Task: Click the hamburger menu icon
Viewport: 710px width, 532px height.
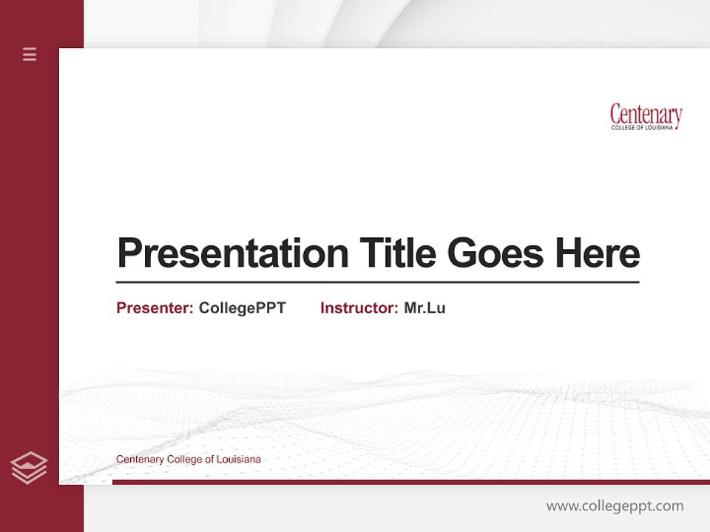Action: tap(30, 54)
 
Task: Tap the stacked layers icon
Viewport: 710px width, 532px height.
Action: tap(29, 468)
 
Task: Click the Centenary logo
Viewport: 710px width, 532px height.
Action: tap(646, 116)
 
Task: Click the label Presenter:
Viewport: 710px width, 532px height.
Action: tap(155, 308)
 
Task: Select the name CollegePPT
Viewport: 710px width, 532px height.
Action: tap(242, 308)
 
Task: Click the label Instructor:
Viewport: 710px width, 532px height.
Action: tap(359, 308)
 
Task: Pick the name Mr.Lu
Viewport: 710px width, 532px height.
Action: tap(425, 308)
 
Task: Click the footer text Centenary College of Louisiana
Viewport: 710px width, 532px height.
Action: tap(188, 460)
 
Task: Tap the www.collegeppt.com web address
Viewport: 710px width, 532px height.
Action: tap(615, 506)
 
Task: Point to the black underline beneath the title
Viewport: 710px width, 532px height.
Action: tap(377, 282)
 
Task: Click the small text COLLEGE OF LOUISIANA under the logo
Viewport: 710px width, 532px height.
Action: tap(642, 128)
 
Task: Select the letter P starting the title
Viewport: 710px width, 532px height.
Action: tap(129, 253)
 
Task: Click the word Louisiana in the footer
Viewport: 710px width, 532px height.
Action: tap(240, 460)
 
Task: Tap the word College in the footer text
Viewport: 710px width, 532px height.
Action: tap(183, 460)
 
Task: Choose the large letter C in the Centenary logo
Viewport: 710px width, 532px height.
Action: tap(615, 115)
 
